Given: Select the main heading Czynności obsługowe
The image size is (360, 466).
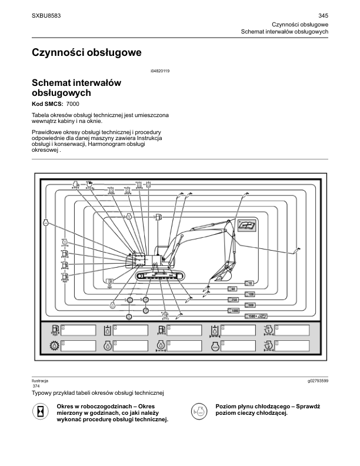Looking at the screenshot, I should tap(86, 53).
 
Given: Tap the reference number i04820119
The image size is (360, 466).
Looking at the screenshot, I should tap(160, 71).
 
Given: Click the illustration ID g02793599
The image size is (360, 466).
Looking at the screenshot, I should tap(317, 381).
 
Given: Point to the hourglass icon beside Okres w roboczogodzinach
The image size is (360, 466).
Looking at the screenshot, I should tap(40, 412).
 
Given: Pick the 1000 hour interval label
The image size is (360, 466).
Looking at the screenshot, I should tap(235, 311).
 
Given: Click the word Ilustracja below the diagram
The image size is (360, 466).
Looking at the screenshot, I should tap(40, 381).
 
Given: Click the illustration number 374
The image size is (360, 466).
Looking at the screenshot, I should tap(36, 386).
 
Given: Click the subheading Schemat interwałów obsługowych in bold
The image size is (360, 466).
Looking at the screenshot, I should tap(76, 88).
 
